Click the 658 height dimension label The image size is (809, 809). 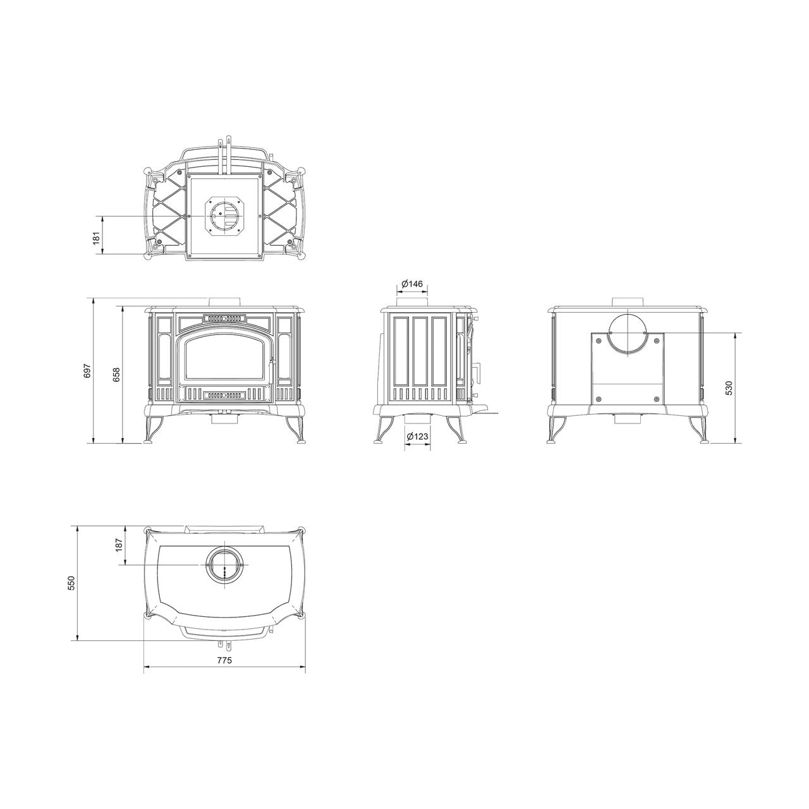pos(117,374)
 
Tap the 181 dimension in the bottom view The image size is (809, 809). pos(97,238)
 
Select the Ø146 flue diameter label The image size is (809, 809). pos(412,284)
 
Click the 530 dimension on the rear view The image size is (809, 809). pos(728,388)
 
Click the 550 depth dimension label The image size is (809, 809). pos(71,583)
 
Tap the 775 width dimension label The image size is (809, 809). pos(224,660)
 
